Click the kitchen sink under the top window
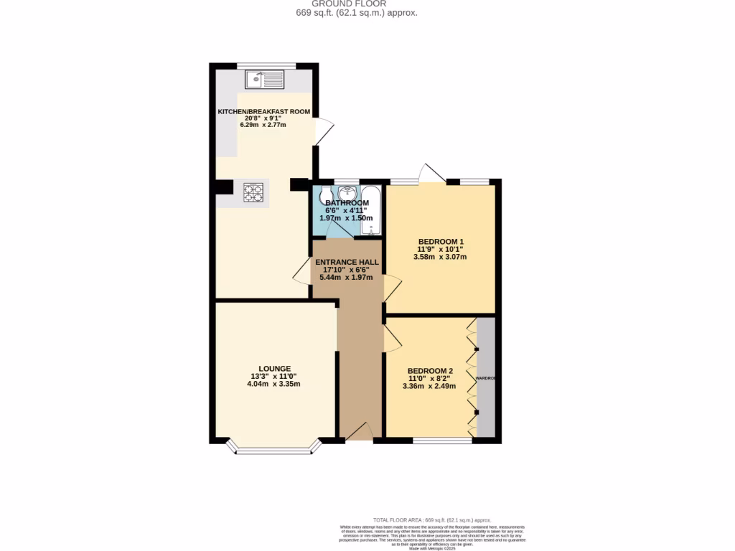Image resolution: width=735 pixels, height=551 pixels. (x=264, y=79)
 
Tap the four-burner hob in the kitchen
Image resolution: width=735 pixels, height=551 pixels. (x=253, y=192)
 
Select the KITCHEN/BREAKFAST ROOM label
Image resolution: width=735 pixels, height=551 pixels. (x=264, y=112)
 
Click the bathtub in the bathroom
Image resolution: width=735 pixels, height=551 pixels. (x=370, y=209)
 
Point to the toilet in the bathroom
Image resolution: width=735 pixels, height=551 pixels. (x=326, y=195)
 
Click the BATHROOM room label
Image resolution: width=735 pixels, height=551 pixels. (x=347, y=203)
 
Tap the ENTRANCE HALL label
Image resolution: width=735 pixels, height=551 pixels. (x=346, y=263)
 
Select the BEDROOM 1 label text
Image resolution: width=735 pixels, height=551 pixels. (x=441, y=242)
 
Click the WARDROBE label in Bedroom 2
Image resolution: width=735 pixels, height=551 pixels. (x=486, y=377)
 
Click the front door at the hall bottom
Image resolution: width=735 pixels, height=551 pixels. (x=358, y=433)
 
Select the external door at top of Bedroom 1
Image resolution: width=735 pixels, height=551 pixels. (x=433, y=174)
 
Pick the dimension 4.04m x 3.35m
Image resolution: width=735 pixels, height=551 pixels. (x=273, y=384)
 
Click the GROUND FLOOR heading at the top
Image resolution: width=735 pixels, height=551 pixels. (x=357, y=4)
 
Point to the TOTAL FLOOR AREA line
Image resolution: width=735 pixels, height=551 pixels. (x=431, y=519)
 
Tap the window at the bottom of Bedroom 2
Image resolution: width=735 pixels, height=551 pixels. (x=442, y=440)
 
